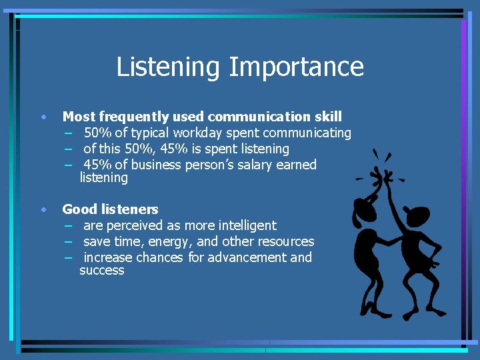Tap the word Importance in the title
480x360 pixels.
click(297, 67)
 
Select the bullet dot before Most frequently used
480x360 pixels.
click(43, 117)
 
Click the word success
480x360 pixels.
click(101, 270)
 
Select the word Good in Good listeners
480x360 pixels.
click(77, 209)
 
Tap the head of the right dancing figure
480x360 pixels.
click(418, 217)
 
